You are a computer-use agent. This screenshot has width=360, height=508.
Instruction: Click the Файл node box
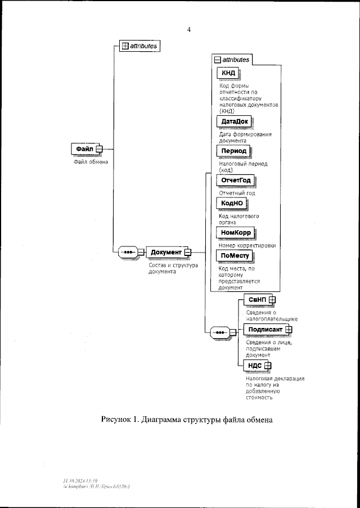(x=84, y=149)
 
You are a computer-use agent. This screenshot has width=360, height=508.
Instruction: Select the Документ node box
(x=166, y=252)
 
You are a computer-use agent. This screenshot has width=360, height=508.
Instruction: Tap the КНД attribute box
(x=228, y=73)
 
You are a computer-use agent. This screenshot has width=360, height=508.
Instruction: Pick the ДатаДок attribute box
(x=234, y=122)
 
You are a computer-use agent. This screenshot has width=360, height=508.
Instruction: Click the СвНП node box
(x=256, y=300)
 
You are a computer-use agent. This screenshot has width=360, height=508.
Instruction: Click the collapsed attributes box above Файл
(x=141, y=46)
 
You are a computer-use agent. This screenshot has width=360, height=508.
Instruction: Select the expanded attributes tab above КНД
(x=232, y=59)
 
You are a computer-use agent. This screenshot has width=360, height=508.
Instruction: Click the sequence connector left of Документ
(x=128, y=252)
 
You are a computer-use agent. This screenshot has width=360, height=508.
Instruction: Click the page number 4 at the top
(x=190, y=29)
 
